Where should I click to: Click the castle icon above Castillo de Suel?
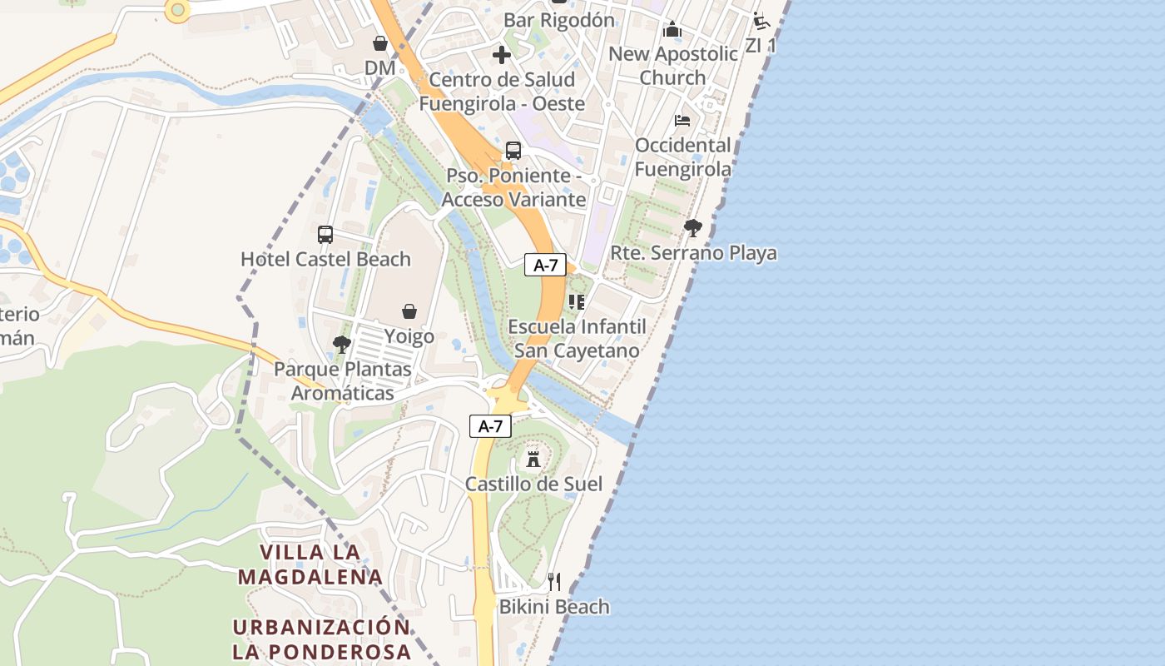[533, 459]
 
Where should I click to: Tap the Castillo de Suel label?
[533, 484]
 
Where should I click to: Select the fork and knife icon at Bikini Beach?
[554, 582]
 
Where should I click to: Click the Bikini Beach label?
[554, 607]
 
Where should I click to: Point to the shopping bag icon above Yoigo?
[409, 311]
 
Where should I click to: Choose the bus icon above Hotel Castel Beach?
[325, 235]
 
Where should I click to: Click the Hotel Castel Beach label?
[325, 259]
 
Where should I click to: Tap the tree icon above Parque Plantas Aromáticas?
[341, 345]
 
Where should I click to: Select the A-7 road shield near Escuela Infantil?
[545, 266]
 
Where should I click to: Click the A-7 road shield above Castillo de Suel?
[490, 426]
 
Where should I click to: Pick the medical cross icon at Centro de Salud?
[502, 56]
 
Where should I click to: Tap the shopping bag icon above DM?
[380, 43]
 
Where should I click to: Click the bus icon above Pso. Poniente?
[513, 151]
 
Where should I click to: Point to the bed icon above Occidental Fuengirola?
[682, 121]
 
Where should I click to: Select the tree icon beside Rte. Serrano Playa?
[692, 228]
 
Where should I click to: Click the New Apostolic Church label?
[673, 66]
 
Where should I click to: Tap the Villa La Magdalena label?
[310, 564]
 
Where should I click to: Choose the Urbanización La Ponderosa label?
[321, 639]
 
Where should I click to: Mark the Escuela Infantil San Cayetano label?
[577, 338]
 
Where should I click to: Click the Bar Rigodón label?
[559, 20]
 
